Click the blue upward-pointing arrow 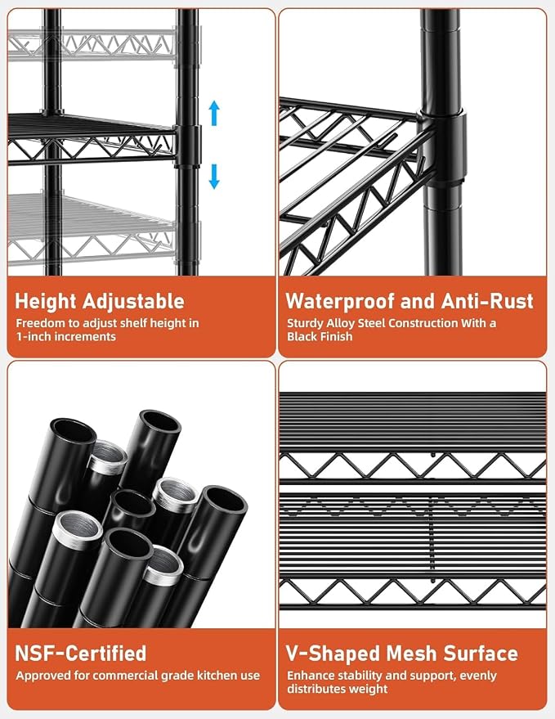pyautogui.click(x=214, y=113)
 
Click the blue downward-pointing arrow pyautogui.click(x=214, y=177)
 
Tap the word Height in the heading pyautogui.click(x=45, y=302)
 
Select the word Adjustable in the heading pyautogui.click(x=133, y=301)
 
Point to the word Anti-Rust pyautogui.click(x=487, y=301)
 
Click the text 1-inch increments pyautogui.click(x=66, y=336)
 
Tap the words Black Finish pyautogui.click(x=320, y=336)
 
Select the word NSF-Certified pyautogui.click(x=81, y=653)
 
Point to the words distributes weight pyautogui.click(x=338, y=689)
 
